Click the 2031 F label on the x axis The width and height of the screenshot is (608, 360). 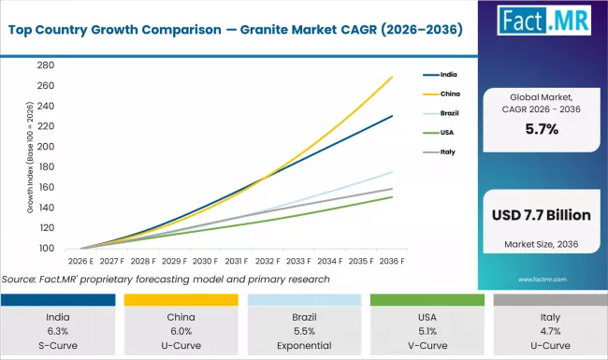click(236, 262)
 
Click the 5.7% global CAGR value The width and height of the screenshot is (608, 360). click(542, 130)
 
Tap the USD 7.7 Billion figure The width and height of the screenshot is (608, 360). click(542, 215)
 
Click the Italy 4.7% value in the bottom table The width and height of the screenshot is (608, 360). click(546, 331)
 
